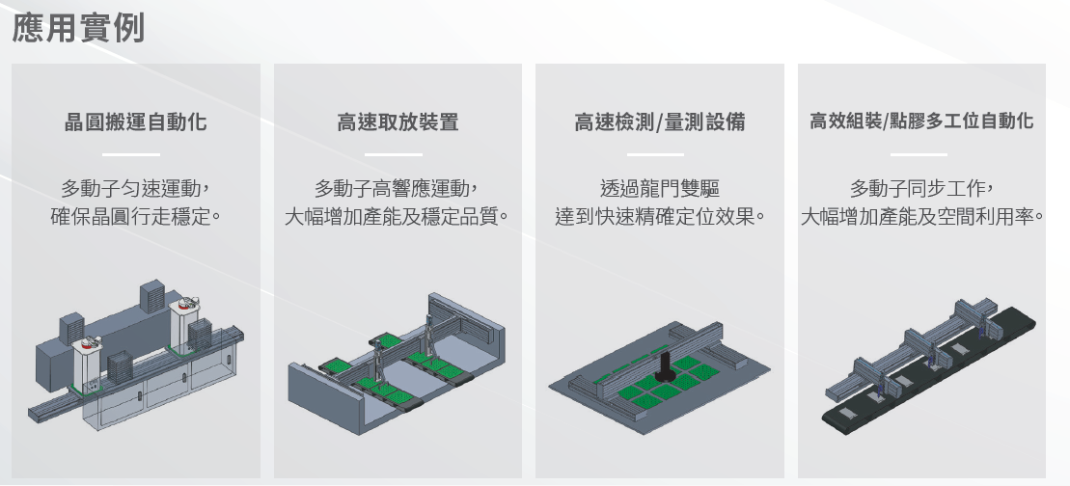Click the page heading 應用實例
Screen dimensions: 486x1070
point(78,27)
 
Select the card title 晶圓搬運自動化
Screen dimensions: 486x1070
point(135,122)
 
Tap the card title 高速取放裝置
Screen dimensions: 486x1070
point(398,122)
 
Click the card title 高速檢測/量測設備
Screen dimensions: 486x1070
point(659,122)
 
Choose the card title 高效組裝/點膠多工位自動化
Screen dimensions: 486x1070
point(921,121)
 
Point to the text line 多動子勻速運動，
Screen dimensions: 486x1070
point(135,186)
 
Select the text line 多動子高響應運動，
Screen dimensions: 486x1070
point(398,186)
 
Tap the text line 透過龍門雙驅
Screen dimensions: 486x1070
point(659,186)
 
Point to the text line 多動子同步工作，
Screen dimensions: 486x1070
point(921,186)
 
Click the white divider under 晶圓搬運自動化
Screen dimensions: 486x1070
point(132,154)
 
